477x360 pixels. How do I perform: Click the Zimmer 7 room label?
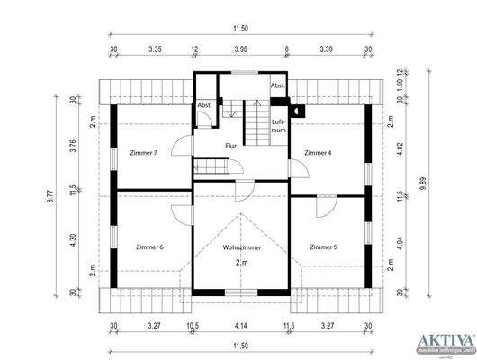click(x=143, y=153)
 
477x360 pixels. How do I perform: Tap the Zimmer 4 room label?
click(x=317, y=153)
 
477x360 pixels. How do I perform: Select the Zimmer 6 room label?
click(x=149, y=247)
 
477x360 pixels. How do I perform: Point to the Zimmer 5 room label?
click(x=323, y=247)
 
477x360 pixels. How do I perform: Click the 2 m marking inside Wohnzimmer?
click(x=240, y=262)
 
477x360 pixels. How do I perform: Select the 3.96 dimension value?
click(x=239, y=50)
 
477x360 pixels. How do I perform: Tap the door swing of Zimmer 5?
click(x=322, y=206)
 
